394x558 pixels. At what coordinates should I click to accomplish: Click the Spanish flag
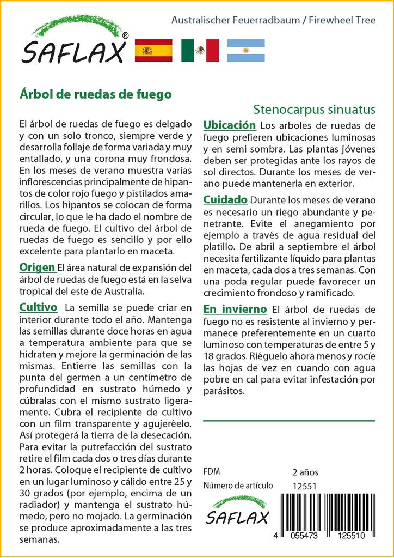153,50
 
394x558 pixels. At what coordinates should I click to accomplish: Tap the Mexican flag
200,50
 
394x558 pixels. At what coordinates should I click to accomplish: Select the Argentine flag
245,50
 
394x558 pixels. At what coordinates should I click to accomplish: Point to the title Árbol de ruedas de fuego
96,94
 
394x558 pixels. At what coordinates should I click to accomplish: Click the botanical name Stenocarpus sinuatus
314,108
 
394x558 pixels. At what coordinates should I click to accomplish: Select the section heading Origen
37,268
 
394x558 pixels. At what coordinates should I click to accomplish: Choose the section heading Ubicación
229,125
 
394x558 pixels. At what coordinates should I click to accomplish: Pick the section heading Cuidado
225,199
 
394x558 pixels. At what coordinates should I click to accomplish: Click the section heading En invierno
235,309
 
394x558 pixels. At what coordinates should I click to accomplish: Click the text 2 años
305,472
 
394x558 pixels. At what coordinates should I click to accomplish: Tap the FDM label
211,472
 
